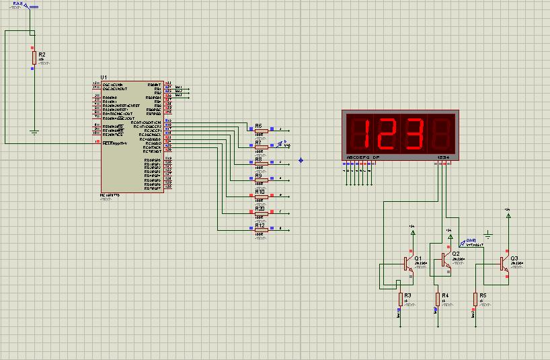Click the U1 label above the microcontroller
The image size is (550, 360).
[x=104, y=78]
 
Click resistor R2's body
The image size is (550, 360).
[x=33, y=56]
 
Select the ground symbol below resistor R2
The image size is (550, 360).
[x=33, y=132]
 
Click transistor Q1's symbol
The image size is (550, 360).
[x=409, y=263]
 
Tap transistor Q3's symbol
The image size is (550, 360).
[x=504, y=263]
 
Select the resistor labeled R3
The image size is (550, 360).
[x=400, y=298]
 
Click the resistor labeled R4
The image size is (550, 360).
[x=437, y=298]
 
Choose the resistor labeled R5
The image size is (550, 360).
[x=475, y=298]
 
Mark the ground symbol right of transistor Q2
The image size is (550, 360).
[x=488, y=236]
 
